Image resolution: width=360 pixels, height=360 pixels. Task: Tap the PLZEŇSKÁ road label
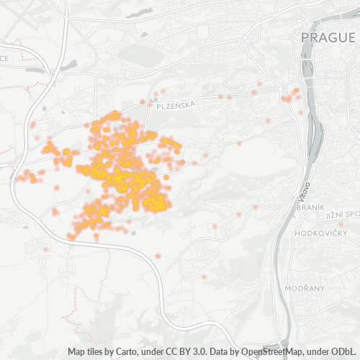[175, 105]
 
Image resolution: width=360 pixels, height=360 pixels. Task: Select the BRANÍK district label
[311, 207]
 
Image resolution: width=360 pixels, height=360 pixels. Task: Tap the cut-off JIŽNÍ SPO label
[341, 215]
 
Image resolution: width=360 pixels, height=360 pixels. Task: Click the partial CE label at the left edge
[4, 58]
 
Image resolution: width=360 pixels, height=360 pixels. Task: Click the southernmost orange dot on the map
[204, 276]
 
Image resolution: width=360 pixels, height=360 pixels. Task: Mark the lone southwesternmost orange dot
[45, 249]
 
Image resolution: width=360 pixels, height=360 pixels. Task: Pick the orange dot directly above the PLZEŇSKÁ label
[163, 91]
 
